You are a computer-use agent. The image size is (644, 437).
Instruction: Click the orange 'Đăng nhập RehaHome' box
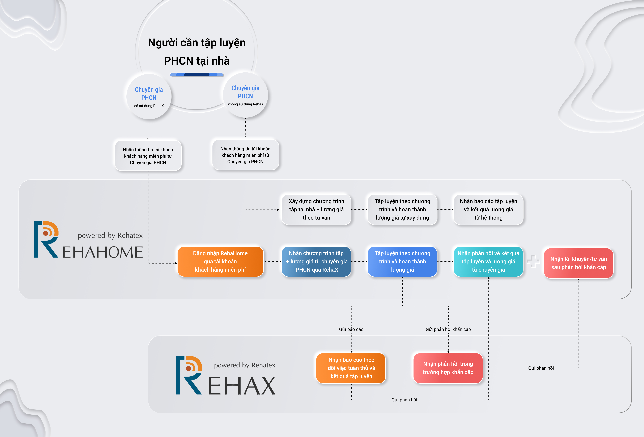pyautogui.click(x=220, y=261)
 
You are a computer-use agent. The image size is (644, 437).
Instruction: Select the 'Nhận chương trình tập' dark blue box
pyautogui.click(x=316, y=261)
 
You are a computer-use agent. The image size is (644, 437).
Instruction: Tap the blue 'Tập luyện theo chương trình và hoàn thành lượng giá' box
pyautogui.click(x=402, y=261)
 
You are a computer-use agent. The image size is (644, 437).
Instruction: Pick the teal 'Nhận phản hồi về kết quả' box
pyautogui.click(x=488, y=261)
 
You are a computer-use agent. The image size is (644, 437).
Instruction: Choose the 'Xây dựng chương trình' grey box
pyautogui.click(x=316, y=209)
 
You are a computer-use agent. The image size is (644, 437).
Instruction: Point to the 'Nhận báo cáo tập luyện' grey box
pyautogui.click(x=488, y=209)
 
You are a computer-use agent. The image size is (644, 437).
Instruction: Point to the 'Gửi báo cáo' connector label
pyautogui.click(x=351, y=329)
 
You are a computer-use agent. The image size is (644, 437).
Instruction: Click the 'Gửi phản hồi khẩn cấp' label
pyautogui.click(x=448, y=329)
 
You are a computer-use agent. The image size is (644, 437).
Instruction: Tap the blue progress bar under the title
pyautogui.click(x=197, y=75)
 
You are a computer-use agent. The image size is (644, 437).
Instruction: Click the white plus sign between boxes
pyautogui.click(x=533, y=261)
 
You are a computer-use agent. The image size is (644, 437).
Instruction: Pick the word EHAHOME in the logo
pyautogui.click(x=103, y=252)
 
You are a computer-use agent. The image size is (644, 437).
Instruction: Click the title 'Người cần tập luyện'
pyautogui.click(x=197, y=43)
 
